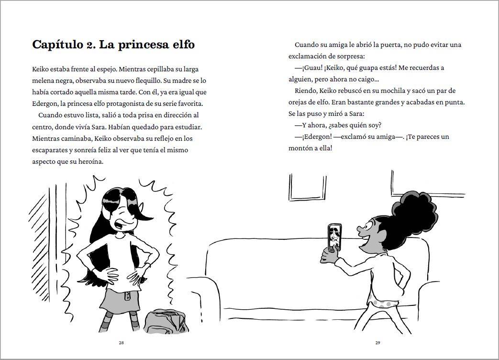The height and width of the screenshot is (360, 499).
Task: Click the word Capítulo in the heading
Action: (x=57, y=45)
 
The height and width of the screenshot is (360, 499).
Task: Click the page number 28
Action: (x=121, y=343)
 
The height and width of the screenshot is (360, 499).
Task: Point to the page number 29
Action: (x=378, y=343)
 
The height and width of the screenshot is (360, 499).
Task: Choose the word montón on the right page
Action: (x=299, y=148)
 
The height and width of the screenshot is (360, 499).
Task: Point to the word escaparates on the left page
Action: (x=49, y=150)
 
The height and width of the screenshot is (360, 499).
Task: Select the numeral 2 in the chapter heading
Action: (x=89, y=45)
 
